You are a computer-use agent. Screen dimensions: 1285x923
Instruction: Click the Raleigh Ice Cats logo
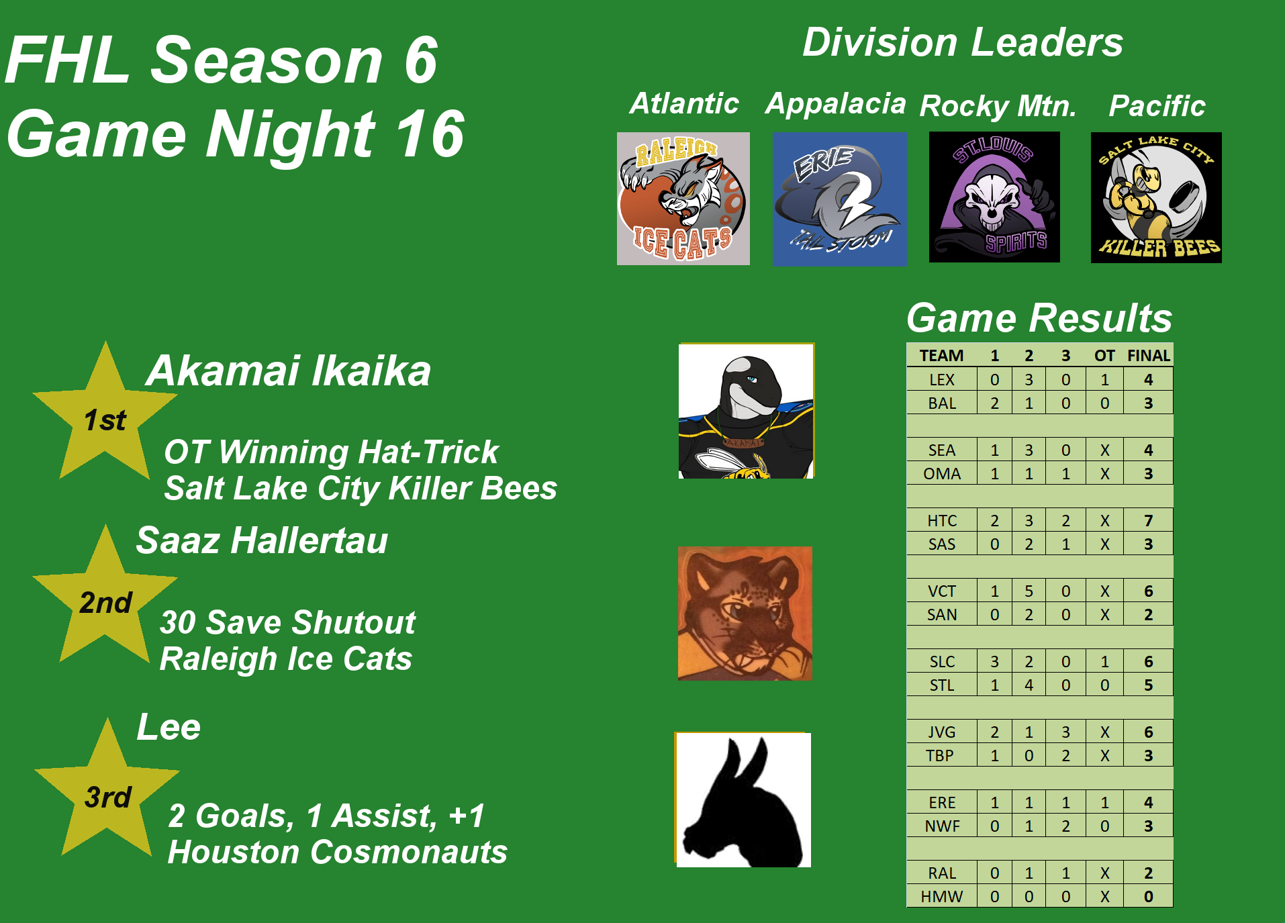click(x=683, y=199)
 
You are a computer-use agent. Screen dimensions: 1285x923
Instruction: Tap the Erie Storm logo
click(x=839, y=199)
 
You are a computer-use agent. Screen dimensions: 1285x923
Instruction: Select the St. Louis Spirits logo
click(x=994, y=197)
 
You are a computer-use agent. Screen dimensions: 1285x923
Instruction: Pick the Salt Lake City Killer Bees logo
click(x=1156, y=197)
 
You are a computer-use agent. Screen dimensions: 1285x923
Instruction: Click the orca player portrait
click(x=746, y=411)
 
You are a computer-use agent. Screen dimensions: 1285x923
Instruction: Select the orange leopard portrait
click(x=745, y=614)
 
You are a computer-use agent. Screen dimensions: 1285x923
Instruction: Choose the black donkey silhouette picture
click(x=743, y=799)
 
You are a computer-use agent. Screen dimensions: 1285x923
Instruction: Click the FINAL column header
click(x=1148, y=356)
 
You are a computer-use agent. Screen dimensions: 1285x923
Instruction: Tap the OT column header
click(x=1104, y=356)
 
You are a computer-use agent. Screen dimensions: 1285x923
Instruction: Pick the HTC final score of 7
click(x=1148, y=520)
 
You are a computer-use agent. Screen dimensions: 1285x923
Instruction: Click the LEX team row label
click(x=942, y=379)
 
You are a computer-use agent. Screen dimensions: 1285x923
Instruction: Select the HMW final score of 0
click(x=1148, y=896)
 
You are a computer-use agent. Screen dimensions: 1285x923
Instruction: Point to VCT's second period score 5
click(x=1029, y=591)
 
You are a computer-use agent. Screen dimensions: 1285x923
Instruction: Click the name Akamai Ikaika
click(x=289, y=371)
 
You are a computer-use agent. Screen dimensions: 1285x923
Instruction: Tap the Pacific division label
click(x=1157, y=105)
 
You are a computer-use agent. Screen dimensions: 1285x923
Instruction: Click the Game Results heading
click(x=1039, y=318)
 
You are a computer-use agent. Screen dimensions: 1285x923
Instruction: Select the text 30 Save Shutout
click(x=288, y=622)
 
